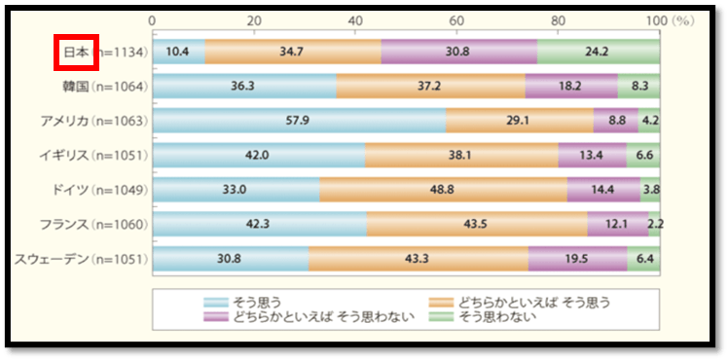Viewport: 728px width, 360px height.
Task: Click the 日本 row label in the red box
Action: point(74,53)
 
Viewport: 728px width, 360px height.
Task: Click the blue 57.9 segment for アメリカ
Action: point(298,121)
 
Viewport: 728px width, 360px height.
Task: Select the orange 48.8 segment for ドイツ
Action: point(443,190)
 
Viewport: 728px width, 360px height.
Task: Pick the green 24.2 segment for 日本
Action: point(599,52)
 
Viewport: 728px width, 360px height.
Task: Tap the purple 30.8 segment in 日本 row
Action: point(458,52)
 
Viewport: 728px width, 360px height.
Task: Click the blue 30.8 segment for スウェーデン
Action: point(230,259)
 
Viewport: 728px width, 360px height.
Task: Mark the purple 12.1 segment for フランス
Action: point(618,225)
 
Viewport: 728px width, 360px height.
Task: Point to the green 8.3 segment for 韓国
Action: point(638,87)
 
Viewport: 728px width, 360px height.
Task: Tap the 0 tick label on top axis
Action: point(153,19)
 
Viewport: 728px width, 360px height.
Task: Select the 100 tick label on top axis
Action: point(655,19)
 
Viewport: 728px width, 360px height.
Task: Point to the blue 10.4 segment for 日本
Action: point(178,52)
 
